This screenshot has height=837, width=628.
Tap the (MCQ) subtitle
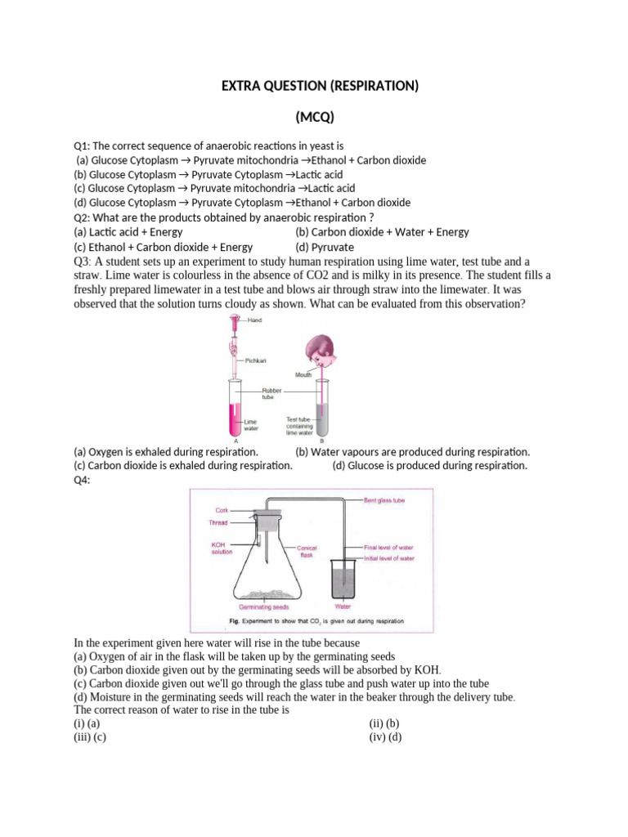(x=313, y=116)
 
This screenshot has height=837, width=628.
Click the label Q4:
(x=83, y=481)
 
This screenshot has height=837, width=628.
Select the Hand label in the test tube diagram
(x=255, y=320)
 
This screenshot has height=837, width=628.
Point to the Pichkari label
(x=257, y=360)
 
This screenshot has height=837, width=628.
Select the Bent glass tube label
(x=386, y=499)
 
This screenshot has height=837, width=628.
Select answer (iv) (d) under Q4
(x=384, y=736)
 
